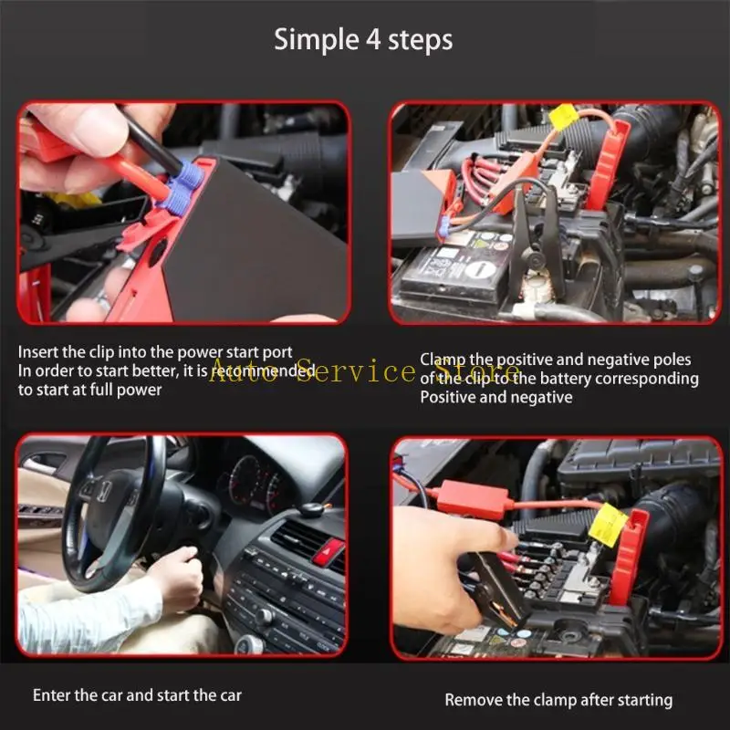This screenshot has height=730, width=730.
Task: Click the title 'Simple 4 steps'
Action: click(364, 40)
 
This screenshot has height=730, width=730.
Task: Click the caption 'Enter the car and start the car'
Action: click(137, 695)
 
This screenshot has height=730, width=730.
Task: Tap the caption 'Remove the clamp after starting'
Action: click(558, 700)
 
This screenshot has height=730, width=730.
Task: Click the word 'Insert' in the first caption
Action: click(38, 352)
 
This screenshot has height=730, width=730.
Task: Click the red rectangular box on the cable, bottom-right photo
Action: click(472, 497)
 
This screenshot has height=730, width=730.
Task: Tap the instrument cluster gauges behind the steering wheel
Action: click(251, 484)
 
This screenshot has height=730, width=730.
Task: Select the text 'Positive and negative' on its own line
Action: click(495, 397)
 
